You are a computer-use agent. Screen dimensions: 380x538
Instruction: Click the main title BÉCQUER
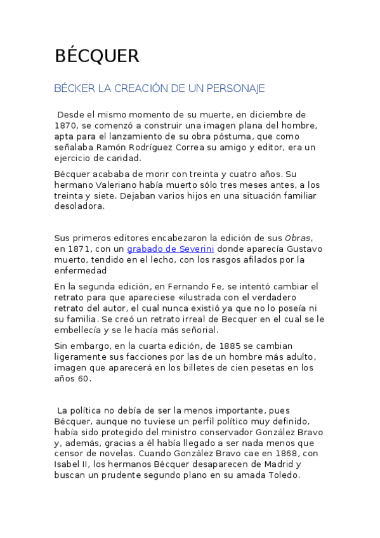[x=96, y=56]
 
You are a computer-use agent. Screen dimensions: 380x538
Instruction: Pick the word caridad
[x=123, y=158]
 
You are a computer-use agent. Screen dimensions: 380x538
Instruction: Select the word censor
[x=70, y=454]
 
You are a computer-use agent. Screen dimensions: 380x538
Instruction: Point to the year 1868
[x=285, y=454]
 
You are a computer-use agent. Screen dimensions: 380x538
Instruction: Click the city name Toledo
[x=282, y=475]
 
